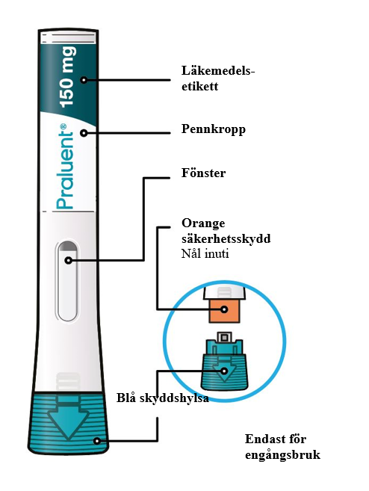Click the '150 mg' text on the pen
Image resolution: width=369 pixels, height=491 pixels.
click(68, 77)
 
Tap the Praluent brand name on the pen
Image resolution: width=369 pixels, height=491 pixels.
click(65, 167)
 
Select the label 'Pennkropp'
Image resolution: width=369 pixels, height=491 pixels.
click(214, 129)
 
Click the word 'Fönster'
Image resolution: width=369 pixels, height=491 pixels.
click(203, 173)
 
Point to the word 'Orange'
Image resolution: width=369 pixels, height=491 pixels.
click(203, 224)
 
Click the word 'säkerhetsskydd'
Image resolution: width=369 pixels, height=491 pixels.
click(226, 238)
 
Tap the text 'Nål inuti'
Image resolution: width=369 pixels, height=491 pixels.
click(205, 253)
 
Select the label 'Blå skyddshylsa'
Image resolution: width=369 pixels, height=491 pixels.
click(163, 398)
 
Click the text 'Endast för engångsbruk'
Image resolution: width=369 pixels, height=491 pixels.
click(282, 447)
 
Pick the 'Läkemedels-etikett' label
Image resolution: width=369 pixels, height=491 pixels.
click(218, 78)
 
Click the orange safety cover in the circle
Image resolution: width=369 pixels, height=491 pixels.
click(224, 311)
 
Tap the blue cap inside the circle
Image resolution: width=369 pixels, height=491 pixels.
click(224, 365)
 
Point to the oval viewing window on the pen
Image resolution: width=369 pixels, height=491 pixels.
click(67, 281)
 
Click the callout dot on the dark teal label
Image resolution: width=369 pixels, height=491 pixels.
click(84, 80)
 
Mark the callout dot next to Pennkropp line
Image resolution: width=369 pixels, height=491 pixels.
click(84, 133)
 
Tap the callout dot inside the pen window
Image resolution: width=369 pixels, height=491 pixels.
click(68, 260)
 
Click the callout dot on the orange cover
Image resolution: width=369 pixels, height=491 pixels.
click(224, 309)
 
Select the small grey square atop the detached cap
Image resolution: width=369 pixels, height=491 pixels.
click(224, 337)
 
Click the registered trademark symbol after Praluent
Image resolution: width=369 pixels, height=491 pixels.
click(63, 126)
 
